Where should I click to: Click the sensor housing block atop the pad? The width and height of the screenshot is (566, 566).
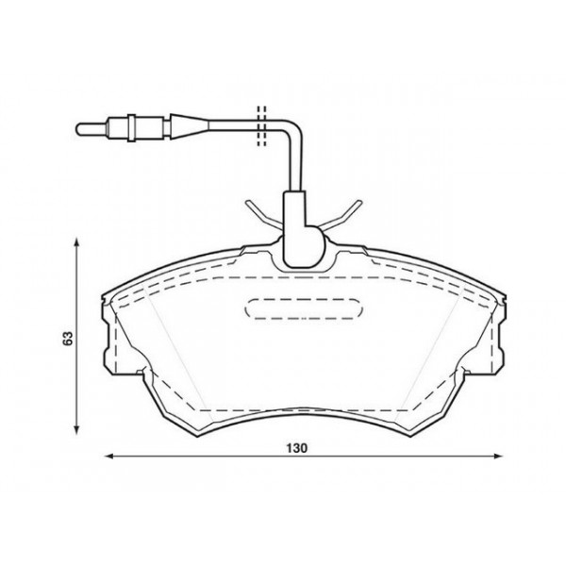pos(302,231)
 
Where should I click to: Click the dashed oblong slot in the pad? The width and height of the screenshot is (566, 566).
pos(304,309)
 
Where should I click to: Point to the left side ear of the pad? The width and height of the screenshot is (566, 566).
pos(105,330)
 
